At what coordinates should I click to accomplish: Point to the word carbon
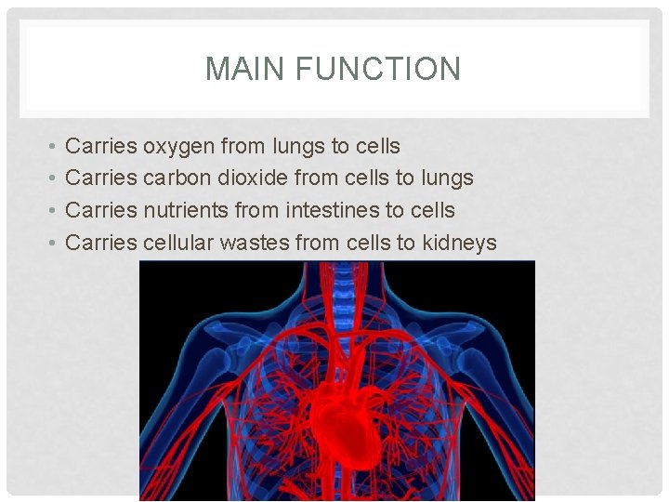tap(177, 178)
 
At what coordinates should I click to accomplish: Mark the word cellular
tap(178, 243)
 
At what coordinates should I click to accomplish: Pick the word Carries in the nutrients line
tap(102, 210)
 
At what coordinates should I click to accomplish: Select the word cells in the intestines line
tap(430, 210)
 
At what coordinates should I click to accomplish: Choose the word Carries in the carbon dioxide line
tap(102, 178)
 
